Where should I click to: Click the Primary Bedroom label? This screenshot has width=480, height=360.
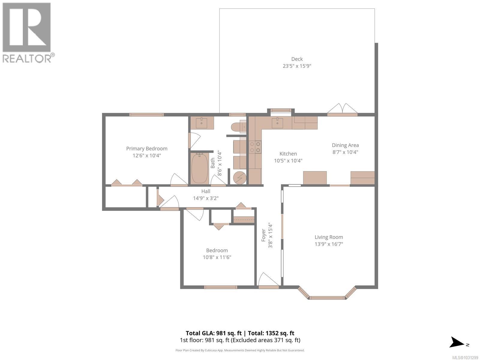(147, 148)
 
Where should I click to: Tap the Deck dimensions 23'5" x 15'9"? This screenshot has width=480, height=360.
(297, 66)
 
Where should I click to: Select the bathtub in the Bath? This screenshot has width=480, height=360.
(200, 168)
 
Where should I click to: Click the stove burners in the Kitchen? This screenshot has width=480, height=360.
(255, 147)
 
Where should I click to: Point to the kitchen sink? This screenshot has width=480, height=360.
(277, 123)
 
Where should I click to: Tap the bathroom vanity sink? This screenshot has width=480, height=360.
(202, 123)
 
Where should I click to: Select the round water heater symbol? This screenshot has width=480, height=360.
(240, 177)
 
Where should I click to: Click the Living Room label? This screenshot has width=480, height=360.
(328, 237)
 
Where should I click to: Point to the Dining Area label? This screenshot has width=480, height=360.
(345, 145)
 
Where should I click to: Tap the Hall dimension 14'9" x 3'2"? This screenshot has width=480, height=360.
(206, 198)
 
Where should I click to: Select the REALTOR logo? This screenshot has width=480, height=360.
(27, 32)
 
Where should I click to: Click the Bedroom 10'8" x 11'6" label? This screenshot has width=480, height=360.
(217, 253)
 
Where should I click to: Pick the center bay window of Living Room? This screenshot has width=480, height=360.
(327, 298)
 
